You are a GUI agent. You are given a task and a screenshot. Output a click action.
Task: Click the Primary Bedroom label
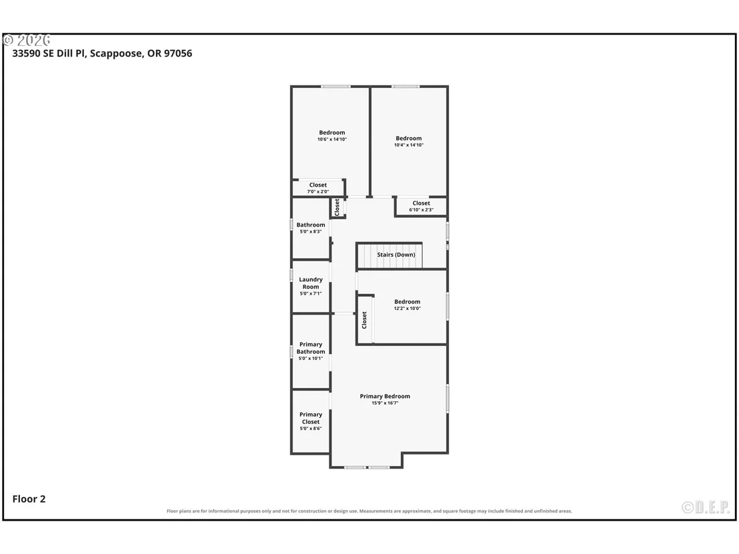point(385,396)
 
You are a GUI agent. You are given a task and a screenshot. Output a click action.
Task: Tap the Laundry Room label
point(311,283)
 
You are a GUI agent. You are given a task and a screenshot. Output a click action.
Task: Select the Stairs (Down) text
point(396,255)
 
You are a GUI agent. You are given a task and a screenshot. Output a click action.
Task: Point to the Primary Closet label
point(311,418)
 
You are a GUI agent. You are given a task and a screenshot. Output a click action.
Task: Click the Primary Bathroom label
point(311,348)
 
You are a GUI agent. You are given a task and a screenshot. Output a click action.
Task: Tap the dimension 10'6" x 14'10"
point(331,139)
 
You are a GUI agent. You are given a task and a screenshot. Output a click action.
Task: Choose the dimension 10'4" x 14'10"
point(409,145)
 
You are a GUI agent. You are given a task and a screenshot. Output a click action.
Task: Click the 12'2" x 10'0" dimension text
point(408,309)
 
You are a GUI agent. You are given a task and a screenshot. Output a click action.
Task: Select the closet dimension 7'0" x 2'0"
point(318,192)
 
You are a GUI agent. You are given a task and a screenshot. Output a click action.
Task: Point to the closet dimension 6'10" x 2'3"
point(421,210)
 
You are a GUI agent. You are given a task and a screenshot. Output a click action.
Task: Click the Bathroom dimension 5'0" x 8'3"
point(311,232)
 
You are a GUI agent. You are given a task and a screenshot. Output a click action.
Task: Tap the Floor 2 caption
point(29,499)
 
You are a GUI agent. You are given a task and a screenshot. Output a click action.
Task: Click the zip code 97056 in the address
point(178,53)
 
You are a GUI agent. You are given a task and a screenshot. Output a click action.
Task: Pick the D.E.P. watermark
point(706,507)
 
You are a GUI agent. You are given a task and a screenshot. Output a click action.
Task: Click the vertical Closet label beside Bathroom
point(337,207)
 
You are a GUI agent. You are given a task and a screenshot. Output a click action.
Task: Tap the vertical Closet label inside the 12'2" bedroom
point(364,321)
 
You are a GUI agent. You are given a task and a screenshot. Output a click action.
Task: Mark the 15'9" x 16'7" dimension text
point(385,403)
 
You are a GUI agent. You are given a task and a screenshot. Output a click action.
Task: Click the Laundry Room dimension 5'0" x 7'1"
point(311,293)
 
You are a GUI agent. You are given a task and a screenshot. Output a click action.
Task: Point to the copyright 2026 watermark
point(27,40)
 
